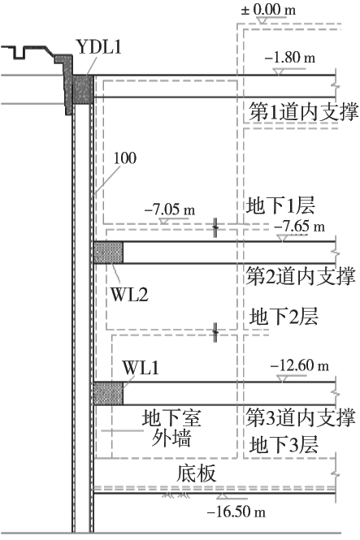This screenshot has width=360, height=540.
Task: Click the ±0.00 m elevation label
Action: (268, 9)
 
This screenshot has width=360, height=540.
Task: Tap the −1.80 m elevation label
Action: (290, 58)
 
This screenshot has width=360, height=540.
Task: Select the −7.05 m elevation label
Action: (170, 209)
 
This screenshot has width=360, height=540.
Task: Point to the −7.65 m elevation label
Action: (300, 226)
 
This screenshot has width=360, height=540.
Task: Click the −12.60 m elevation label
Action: (300, 365)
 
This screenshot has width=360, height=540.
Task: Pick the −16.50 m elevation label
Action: (236, 512)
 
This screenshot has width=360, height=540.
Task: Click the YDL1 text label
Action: (99, 47)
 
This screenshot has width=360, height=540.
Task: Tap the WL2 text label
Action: (129, 295)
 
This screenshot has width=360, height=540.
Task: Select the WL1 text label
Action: (141, 368)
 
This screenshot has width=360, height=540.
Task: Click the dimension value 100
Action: (125, 158)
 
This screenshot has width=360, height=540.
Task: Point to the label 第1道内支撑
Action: (304, 112)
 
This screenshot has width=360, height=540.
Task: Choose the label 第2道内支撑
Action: (301, 276)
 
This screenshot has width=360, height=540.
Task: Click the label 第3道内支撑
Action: (301, 417)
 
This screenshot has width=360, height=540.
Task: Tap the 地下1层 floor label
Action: (280, 205)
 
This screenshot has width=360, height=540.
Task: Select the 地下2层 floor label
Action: (283, 317)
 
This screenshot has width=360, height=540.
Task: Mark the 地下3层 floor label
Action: (283, 445)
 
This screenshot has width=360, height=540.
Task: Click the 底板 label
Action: (196, 473)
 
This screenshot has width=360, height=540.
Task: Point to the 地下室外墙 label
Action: (171, 428)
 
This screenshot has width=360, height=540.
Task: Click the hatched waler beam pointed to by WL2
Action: (108, 253)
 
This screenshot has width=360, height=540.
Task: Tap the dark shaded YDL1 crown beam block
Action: (83, 89)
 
